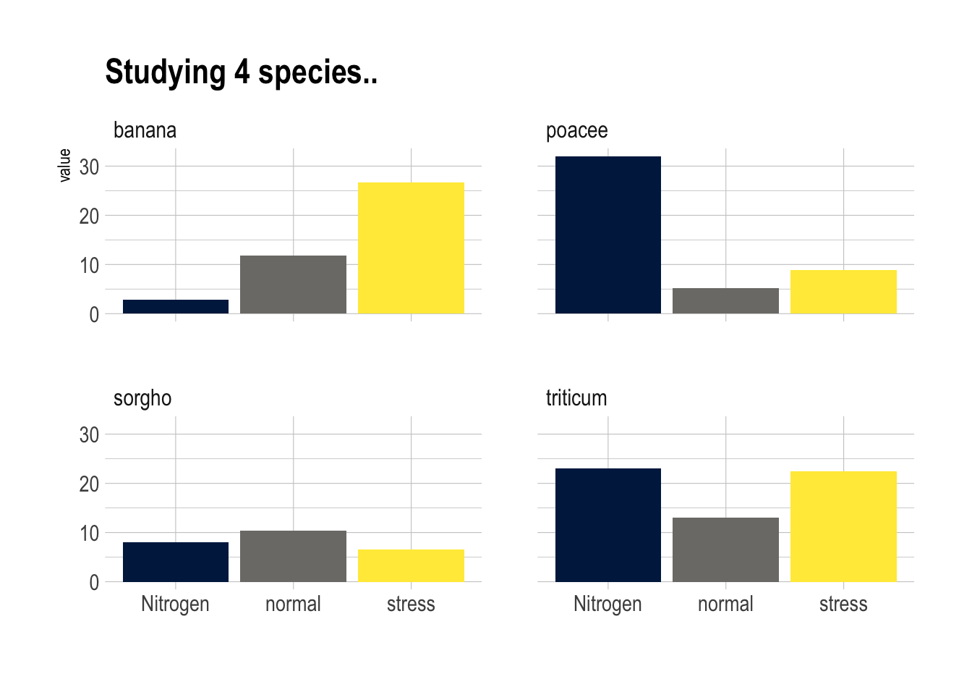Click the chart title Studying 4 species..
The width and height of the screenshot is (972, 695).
(x=241, y=72)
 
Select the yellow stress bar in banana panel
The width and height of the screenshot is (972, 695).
(x=411, y=248)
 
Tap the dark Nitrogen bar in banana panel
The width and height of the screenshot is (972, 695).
(x=176, y=306)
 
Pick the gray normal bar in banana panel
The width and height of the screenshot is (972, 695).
(x=293, y=285)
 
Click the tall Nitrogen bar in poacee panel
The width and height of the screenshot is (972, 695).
(x=607, y=235)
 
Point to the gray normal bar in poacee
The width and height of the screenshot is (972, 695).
(x=725, y=300)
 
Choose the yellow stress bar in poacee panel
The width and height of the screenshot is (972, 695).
(x=843, y=292)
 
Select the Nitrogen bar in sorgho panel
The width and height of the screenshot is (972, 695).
(x=176, y=562)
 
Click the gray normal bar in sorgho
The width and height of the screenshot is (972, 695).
(x=293, y=556)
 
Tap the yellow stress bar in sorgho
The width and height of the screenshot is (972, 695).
(x=411, y=565)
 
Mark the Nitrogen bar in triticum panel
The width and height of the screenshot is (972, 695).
(x=607, y=525)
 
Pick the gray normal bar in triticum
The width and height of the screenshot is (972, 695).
(x=725, y=549)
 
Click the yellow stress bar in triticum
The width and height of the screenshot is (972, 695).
(x=843, y=526)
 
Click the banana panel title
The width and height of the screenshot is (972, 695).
(x=145, y=130)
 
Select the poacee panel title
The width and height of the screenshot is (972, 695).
(x=576, y=130)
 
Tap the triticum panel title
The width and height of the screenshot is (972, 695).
(x=576, y=398)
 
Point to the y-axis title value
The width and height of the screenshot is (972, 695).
(x=64, y=165)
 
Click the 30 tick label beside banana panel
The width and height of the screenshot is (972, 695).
(x=89, y=167)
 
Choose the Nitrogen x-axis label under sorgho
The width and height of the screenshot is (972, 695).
(x=175, y=604)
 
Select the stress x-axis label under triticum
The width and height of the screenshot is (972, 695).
(x=843, y=604)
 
